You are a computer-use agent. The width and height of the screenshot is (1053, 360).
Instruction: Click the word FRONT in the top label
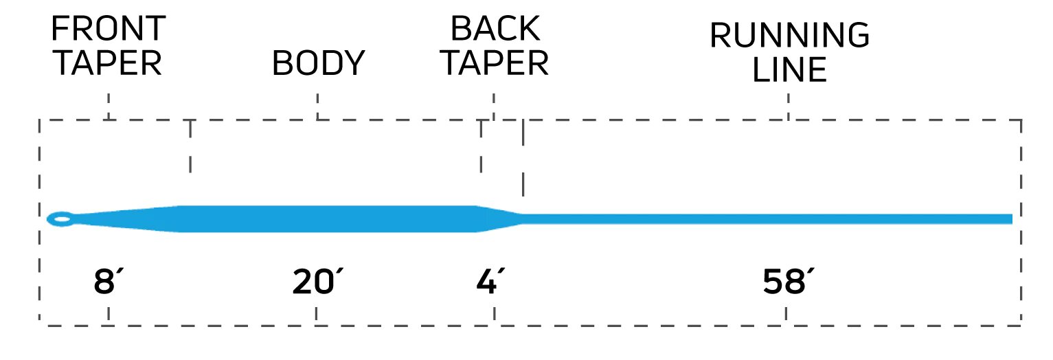[x=108, y=30]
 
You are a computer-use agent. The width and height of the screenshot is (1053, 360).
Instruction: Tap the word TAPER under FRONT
[x=108, y=63]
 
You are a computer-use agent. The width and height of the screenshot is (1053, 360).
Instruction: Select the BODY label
[x=317, y=64]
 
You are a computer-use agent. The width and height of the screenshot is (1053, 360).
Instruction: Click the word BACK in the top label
[x=494, y=30]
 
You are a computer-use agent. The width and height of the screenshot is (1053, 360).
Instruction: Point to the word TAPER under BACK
[x=494, y=63]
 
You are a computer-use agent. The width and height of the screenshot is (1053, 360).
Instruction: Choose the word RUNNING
[x=789, y=36]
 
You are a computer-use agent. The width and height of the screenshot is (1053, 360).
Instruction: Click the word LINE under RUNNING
[x=789, y=70]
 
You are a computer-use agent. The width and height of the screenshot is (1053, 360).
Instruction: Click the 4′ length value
[x=490, y=282]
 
